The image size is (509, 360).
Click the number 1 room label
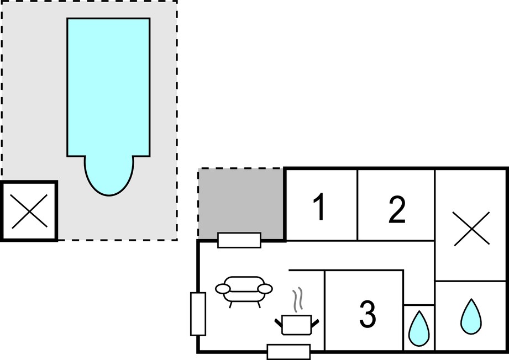click(x=320, y=207)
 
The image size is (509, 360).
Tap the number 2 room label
click(x=397, y=209)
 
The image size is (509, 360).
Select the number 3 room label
click(x=368, y=314)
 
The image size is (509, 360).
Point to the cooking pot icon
click(x=297, y=325)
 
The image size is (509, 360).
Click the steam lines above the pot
click(x=298, y=300)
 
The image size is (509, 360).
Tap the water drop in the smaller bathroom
click(x=419, y=329)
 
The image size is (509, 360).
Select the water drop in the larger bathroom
click(x=471, y=316)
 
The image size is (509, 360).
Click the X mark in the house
click(x=471, y=229)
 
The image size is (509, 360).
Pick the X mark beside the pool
click(x=29, y=211)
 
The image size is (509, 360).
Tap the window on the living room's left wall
click(x=198, y=314)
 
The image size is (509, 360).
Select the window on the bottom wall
click(x=288, y=352)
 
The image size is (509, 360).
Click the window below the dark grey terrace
click(x=239, y=240)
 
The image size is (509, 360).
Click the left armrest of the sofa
click(x=223, y=288)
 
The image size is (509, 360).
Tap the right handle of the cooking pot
click(x=315, y=324)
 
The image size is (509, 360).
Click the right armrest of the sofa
click(x=265, y=288)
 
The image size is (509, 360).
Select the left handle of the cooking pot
click(x=279, y=324)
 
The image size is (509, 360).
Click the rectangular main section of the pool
click(x=108, y=87)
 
